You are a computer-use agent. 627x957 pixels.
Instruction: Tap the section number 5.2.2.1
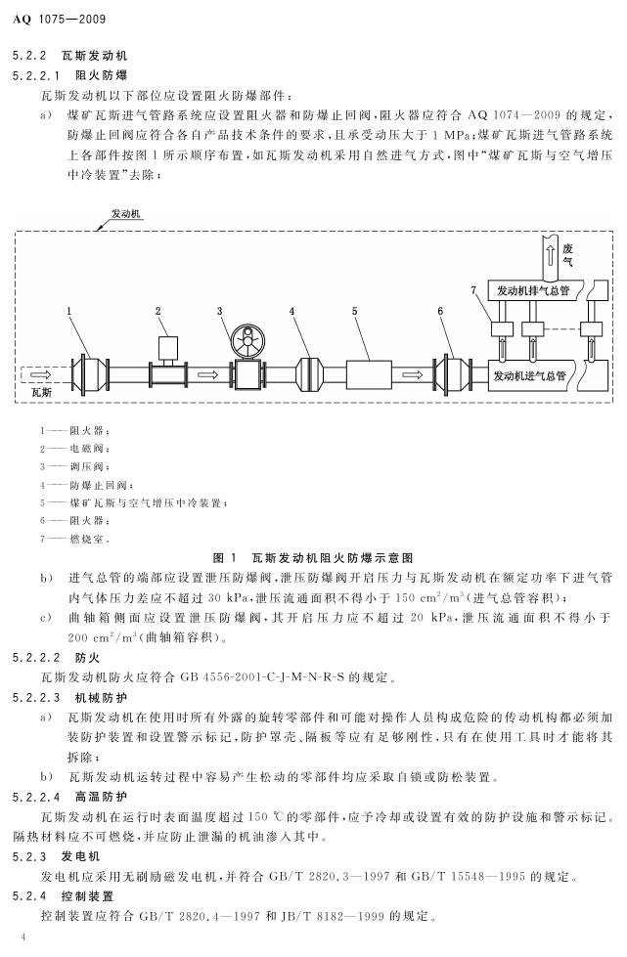pyautogui.click(x=36, y=75)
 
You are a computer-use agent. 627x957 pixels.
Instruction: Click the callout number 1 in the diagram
pyautogui.click(x=70, y=311)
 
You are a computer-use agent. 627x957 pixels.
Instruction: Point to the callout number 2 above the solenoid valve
pyautogui.click(x=157, y=311)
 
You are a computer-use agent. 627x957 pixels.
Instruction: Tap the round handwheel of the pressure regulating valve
pyautogui.click(x=246, y=338)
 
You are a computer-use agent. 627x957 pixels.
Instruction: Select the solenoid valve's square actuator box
pyautogui.click(x=166, y=347)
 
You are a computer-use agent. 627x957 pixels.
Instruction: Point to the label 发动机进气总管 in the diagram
pyautogui.click(x=529, y=374)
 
